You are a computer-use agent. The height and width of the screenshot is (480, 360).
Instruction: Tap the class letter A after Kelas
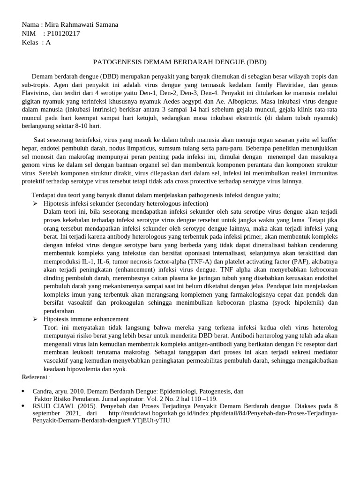coord(48,42)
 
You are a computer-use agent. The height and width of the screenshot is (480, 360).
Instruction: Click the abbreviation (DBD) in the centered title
coord(256,62)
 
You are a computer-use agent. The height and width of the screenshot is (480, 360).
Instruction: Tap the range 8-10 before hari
coord(78,126)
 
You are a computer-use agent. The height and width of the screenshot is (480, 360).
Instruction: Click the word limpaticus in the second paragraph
coord(124,148)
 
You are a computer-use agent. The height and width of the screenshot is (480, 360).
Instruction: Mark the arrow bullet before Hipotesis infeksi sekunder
coord(35,204)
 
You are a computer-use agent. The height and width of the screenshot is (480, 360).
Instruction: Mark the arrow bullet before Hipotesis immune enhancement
coord(35,319)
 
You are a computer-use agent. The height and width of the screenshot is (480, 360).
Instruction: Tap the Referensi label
coord(36,377)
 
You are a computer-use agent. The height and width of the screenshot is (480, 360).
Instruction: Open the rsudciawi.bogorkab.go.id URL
coord(223,414)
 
